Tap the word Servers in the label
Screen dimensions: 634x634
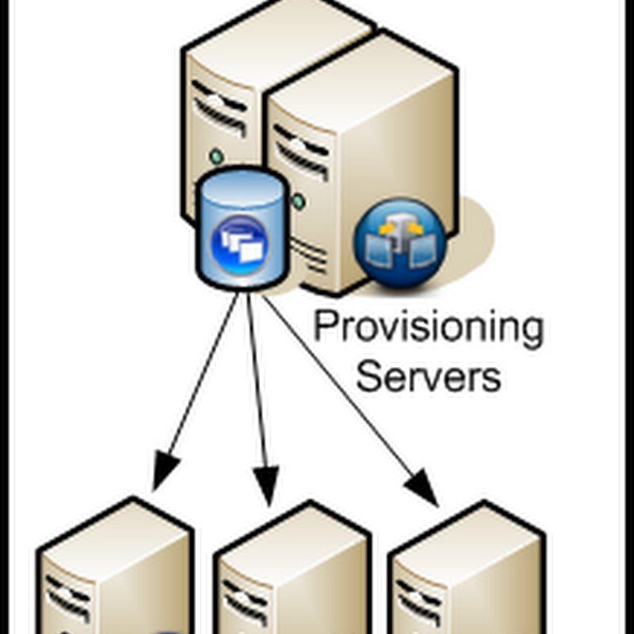coord(428,376)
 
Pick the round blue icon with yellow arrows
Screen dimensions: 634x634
coord(400,242)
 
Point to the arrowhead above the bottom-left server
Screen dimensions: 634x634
coord(165,471)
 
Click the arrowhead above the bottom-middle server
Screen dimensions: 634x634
coord(266,484)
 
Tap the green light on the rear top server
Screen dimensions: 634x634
coord(216,155)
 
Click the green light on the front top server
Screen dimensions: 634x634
coord(298,201)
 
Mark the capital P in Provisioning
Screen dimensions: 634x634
coord(324,327)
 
